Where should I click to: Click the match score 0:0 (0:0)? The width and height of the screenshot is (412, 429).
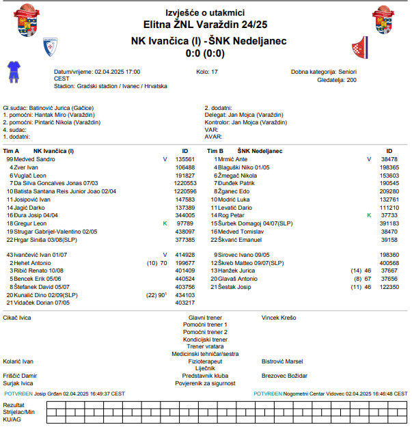205,53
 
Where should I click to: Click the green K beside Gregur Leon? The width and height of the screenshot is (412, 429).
165,223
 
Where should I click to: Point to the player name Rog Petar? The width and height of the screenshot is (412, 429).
232,215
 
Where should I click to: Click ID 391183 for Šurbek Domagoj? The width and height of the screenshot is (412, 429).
389,223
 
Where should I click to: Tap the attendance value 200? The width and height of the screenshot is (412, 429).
351,80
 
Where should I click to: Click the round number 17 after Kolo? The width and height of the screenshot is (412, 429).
215,71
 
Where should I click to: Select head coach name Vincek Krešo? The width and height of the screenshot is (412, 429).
279,318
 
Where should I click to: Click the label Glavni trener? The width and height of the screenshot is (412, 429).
205,318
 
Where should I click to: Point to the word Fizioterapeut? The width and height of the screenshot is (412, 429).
206,361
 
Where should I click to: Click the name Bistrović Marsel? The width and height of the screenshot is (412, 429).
282,361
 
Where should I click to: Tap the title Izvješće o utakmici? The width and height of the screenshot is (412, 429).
205,12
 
